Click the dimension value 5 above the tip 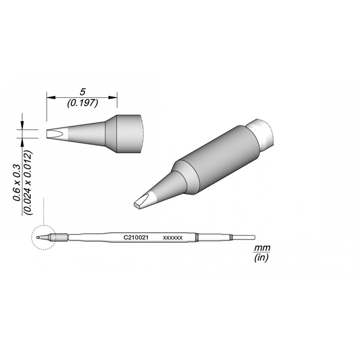82,92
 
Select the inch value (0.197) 83,103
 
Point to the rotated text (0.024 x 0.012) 28,183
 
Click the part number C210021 136,238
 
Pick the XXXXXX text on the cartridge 173,238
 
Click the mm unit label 262,248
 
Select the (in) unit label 261,258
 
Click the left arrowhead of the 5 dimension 51,98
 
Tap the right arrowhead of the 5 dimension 113,98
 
